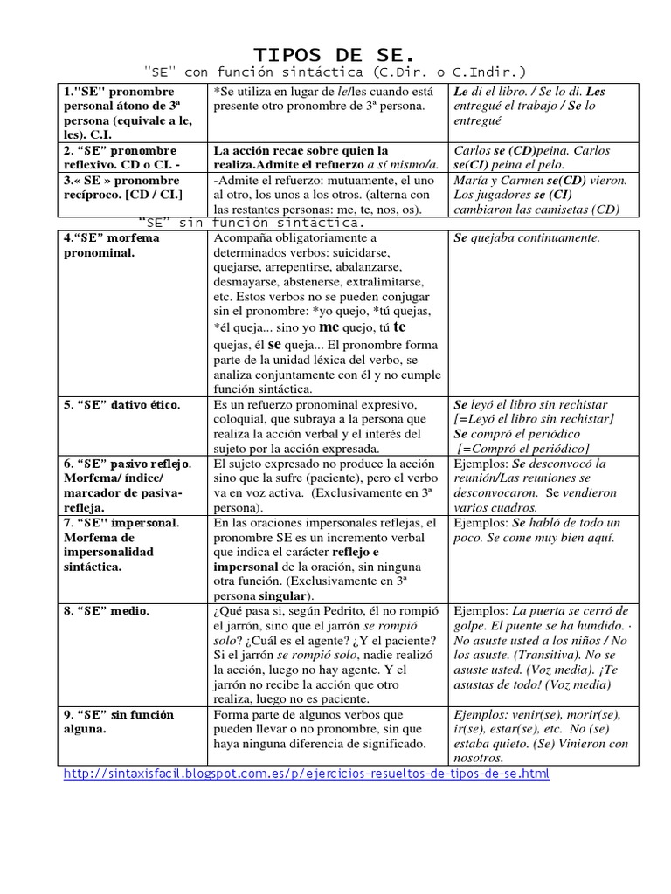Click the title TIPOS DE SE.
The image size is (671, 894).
pos(335,54)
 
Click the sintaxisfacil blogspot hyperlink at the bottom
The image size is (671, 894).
pos(308,774)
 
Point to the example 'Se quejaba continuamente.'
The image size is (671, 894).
pos(527,237)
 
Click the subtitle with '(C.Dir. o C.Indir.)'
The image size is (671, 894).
pos(335,72)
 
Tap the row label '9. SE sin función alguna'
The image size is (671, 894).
pos(119,721)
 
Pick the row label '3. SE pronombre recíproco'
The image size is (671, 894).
pos(121,187)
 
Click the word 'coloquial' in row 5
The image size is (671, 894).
pos(241,420)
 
